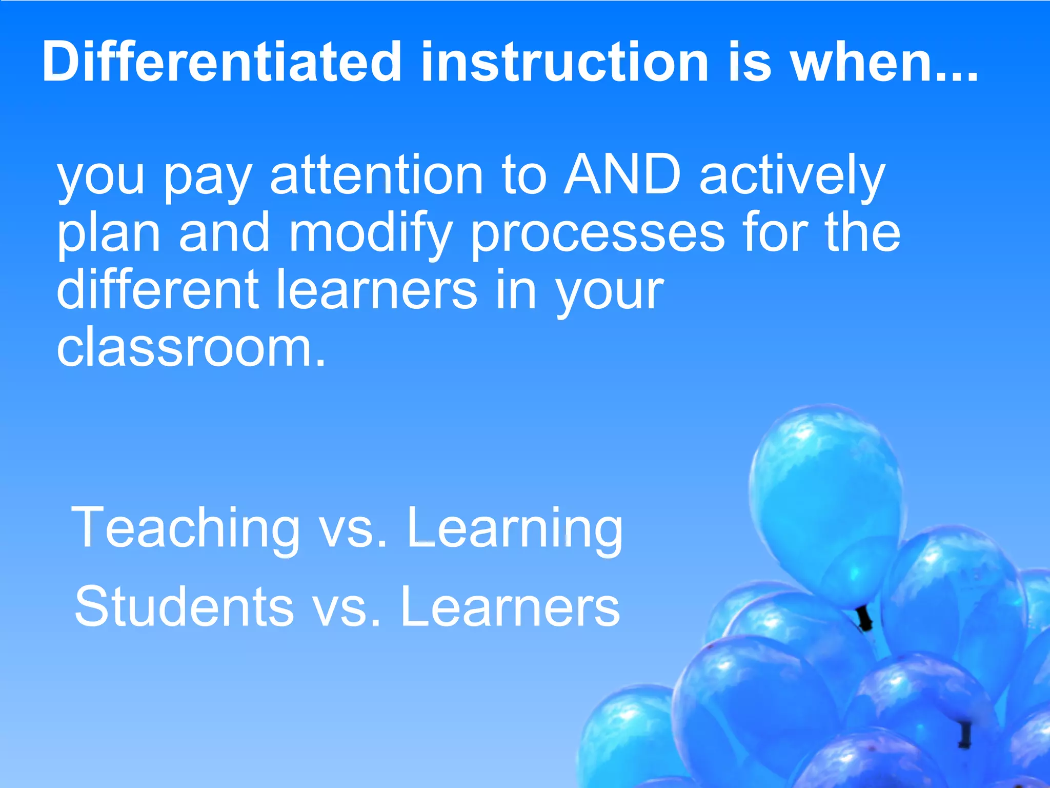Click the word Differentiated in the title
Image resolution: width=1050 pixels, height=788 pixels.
(221, 62)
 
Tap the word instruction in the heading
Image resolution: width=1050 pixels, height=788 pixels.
(564, 62)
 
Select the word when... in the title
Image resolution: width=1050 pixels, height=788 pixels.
(884, 62)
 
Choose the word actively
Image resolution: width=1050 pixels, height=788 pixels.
(792, 177)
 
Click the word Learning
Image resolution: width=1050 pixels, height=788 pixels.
(515, 528)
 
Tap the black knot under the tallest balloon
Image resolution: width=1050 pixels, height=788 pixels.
(865, 618)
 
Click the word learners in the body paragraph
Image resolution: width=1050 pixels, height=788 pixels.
(377, 290)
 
